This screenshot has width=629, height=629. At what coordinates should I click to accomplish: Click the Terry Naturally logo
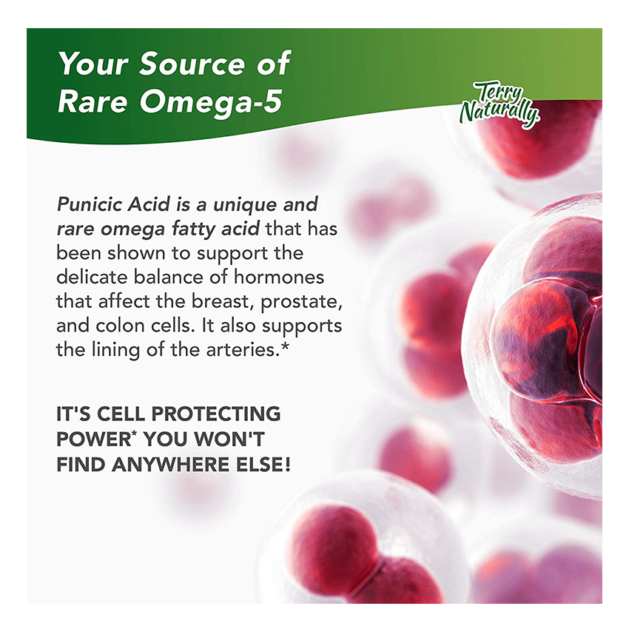(500, 104)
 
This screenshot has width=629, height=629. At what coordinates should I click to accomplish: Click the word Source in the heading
(192, 64)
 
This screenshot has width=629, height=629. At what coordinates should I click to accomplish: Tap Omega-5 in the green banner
(211, 102)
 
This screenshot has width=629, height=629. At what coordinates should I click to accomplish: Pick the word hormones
(279, 277)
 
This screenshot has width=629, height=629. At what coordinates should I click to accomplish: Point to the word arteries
(243, 350)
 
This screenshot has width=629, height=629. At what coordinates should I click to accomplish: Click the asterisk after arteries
(285, 346)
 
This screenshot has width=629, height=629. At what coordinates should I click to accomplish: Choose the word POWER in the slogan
(94, 440)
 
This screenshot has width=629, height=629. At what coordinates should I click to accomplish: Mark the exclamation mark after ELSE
(287, 465)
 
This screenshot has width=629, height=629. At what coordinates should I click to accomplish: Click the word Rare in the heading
(92, 102)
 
